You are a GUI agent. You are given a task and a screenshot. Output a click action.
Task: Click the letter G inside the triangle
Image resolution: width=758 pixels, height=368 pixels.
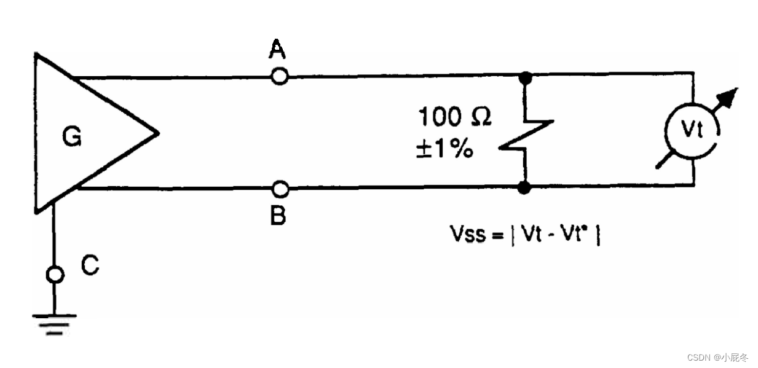72,138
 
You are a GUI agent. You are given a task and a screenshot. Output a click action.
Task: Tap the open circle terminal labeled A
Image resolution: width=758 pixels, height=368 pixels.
280,77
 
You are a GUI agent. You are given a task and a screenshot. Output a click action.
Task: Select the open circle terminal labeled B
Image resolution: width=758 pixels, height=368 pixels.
280,187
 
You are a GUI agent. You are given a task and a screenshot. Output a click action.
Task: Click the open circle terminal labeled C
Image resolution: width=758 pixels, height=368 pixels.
55,274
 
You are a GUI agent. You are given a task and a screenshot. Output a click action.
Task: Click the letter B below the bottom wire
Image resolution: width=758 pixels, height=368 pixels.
278,216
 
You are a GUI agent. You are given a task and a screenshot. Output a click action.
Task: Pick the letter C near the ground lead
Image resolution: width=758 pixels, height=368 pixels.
90,265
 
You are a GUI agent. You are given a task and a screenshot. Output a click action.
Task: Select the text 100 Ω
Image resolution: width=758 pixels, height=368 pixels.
454,117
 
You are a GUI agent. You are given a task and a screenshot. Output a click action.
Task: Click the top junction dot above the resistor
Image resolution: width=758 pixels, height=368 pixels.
525,77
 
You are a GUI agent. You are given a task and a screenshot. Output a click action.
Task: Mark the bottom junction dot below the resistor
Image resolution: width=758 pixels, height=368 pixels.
524,188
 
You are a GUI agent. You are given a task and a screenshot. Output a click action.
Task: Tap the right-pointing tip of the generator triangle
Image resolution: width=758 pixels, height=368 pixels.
157,132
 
